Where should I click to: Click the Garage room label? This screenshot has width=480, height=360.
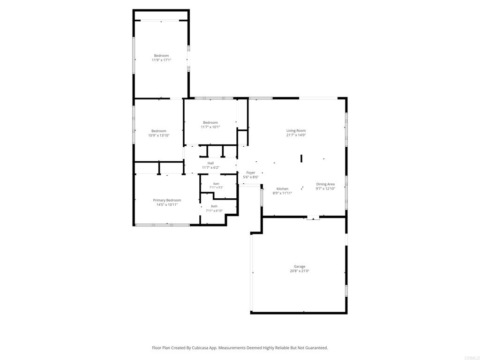(300, 266)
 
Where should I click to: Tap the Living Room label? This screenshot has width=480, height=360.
(296, 130)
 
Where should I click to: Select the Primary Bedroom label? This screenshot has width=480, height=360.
(167, 200)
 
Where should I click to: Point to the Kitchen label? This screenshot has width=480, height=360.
(282, 188)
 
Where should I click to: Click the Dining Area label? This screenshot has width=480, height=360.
(325, 184)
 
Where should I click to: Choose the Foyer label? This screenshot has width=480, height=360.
(251, 172)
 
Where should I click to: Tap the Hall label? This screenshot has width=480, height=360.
(210, 163)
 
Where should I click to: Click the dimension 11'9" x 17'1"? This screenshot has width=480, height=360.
(161, 60)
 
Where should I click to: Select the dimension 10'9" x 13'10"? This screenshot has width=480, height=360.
(158, 135)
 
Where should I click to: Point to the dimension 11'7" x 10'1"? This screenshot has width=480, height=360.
(210, 127)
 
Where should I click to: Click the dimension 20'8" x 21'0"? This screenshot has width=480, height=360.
(300, 270)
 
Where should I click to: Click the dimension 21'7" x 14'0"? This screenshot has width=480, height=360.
(296, 135)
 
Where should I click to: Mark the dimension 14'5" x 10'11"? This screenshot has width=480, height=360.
(167, 204)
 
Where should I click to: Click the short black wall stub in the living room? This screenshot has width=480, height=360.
(301, 158)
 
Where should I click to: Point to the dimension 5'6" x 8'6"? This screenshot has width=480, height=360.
(251, 177)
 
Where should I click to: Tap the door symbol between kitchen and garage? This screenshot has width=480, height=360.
(313, 218)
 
